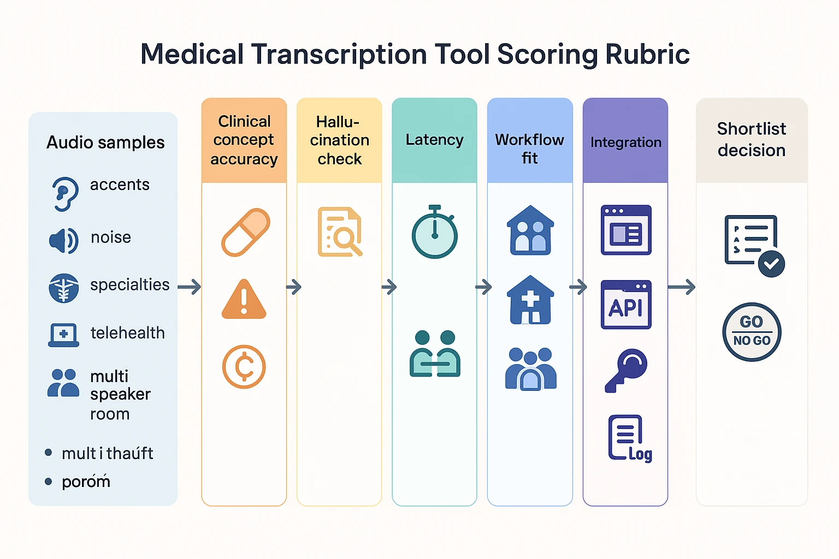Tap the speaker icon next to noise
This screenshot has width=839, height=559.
(x=63, y=240)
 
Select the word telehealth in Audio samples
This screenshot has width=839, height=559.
(x=127, y=332)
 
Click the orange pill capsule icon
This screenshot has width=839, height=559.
(x=245, y=232)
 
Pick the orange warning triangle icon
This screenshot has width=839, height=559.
(x=244, y=300)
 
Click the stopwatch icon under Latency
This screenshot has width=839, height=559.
(x=435, y=233)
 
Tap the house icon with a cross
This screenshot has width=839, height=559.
(x=530, y=300)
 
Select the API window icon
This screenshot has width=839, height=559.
(x=626, y=305)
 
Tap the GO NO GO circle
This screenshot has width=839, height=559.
(x=752, y=332)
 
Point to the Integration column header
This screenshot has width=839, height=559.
(x=625, y=142)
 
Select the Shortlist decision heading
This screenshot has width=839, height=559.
(x=752, y=139)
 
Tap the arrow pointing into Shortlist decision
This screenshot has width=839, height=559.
(x=681, y=287)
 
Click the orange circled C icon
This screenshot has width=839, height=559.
(x=244, y=367)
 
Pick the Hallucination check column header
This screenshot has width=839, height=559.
(x=339, y=140)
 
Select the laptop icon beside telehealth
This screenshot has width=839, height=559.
(x=64, y=335)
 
